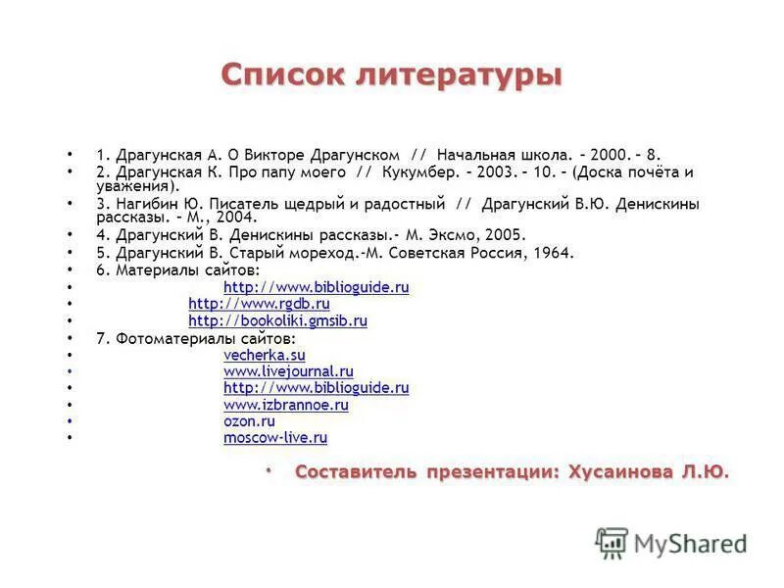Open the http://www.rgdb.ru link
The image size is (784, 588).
coord(259,304)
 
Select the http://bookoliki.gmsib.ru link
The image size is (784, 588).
coord(277,320)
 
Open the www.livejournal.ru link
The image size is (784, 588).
coord(288,371)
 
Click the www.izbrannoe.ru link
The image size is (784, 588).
coord(285,405)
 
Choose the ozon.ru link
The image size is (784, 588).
coord(249,421)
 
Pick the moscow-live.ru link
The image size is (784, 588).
coord(275,438)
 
